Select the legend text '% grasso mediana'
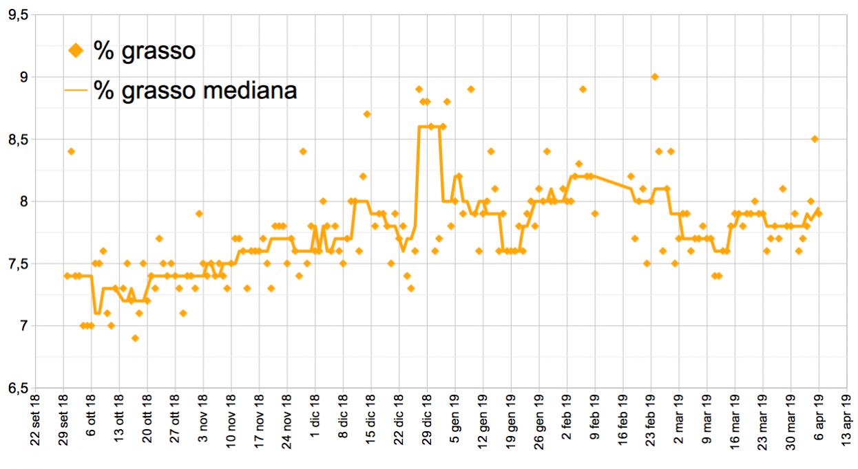(x=196, y=90)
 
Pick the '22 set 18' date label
(x=37, y=429)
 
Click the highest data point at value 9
(x=655, y=76)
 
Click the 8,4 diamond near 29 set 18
(x=71, y=151)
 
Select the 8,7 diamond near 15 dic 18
(x=367, y=114)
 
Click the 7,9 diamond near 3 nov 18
(x=199, y=213)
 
